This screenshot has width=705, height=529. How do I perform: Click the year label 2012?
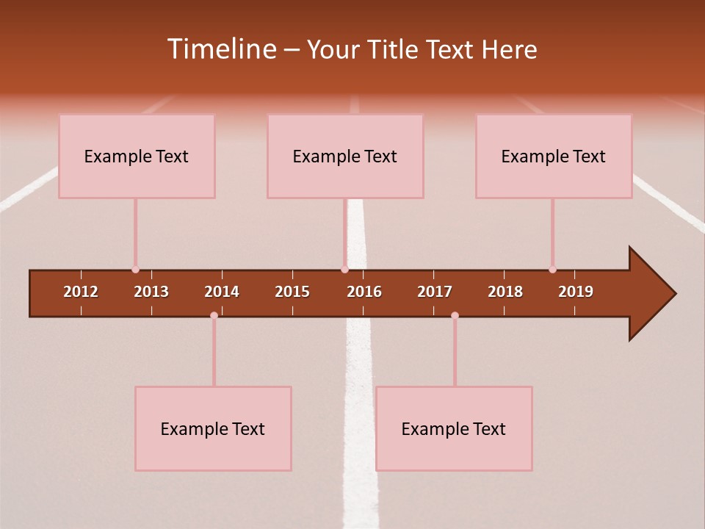tap(81, 292)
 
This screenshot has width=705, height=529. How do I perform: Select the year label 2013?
tap(151, 292)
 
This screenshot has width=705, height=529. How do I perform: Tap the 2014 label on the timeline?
tap(222, 292)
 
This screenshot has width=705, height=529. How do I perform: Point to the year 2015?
tap(292, 292)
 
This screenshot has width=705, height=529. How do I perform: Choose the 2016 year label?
tap(364, 292)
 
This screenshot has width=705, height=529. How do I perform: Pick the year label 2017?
tap(435, 292)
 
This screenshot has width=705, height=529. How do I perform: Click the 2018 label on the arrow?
tap(505, 292)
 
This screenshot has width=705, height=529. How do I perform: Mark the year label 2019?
tap(576, 292)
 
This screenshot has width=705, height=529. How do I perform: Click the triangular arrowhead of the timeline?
tap(649, 294)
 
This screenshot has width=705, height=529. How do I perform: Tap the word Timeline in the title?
tap(221, 49)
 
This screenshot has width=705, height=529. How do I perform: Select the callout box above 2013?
tap(137, 156)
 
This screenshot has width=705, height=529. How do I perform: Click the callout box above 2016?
tap(345, 156)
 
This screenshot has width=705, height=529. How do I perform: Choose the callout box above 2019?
tap(554, 156)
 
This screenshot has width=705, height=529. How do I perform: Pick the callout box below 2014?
tap(213, 428)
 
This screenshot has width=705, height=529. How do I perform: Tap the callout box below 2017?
tap(454, 428)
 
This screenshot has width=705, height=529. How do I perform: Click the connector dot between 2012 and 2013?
tap(135, 270)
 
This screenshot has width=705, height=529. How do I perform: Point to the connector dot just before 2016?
tap(344, 270)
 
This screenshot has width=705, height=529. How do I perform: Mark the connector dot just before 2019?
tap(552, 270)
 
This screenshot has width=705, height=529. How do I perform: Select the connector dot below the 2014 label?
tap(214, 316)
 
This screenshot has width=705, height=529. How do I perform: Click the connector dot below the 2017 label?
tap(455, 316)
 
